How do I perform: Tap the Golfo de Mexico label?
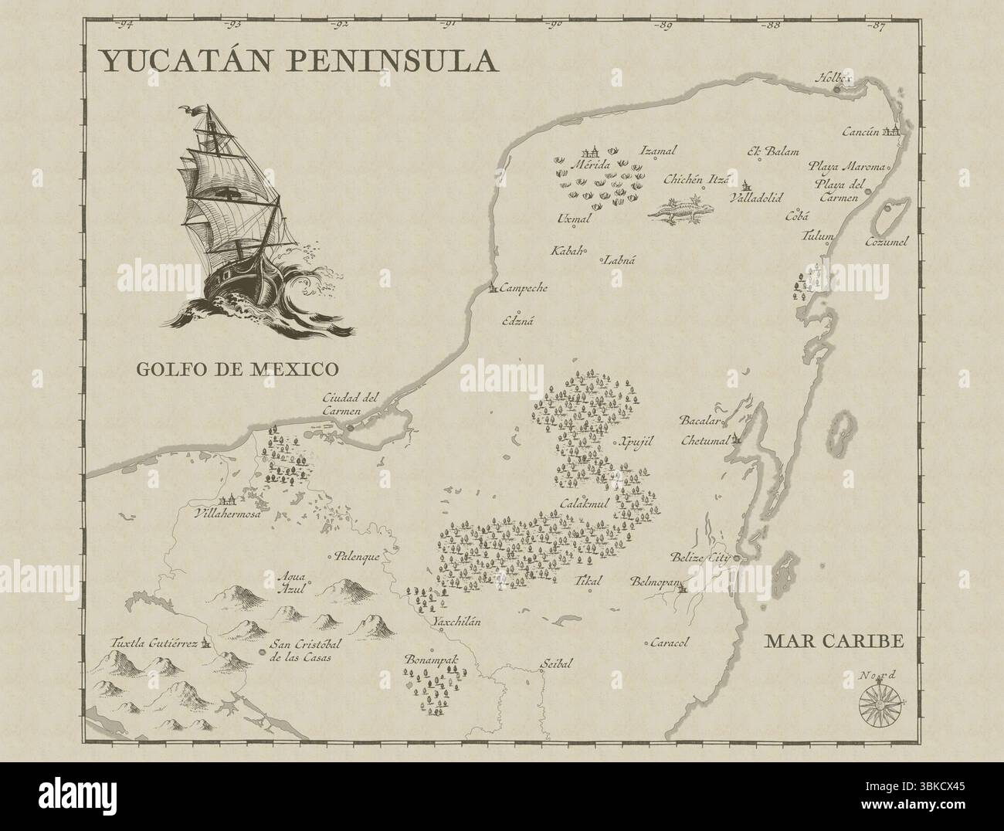coord(239,368)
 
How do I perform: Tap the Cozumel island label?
coord(887,241)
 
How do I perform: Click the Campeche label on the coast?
coord(523,288)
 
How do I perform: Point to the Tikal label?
coord(588,581)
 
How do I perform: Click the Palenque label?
coord(358,555)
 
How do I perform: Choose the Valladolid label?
coord(755,198)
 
